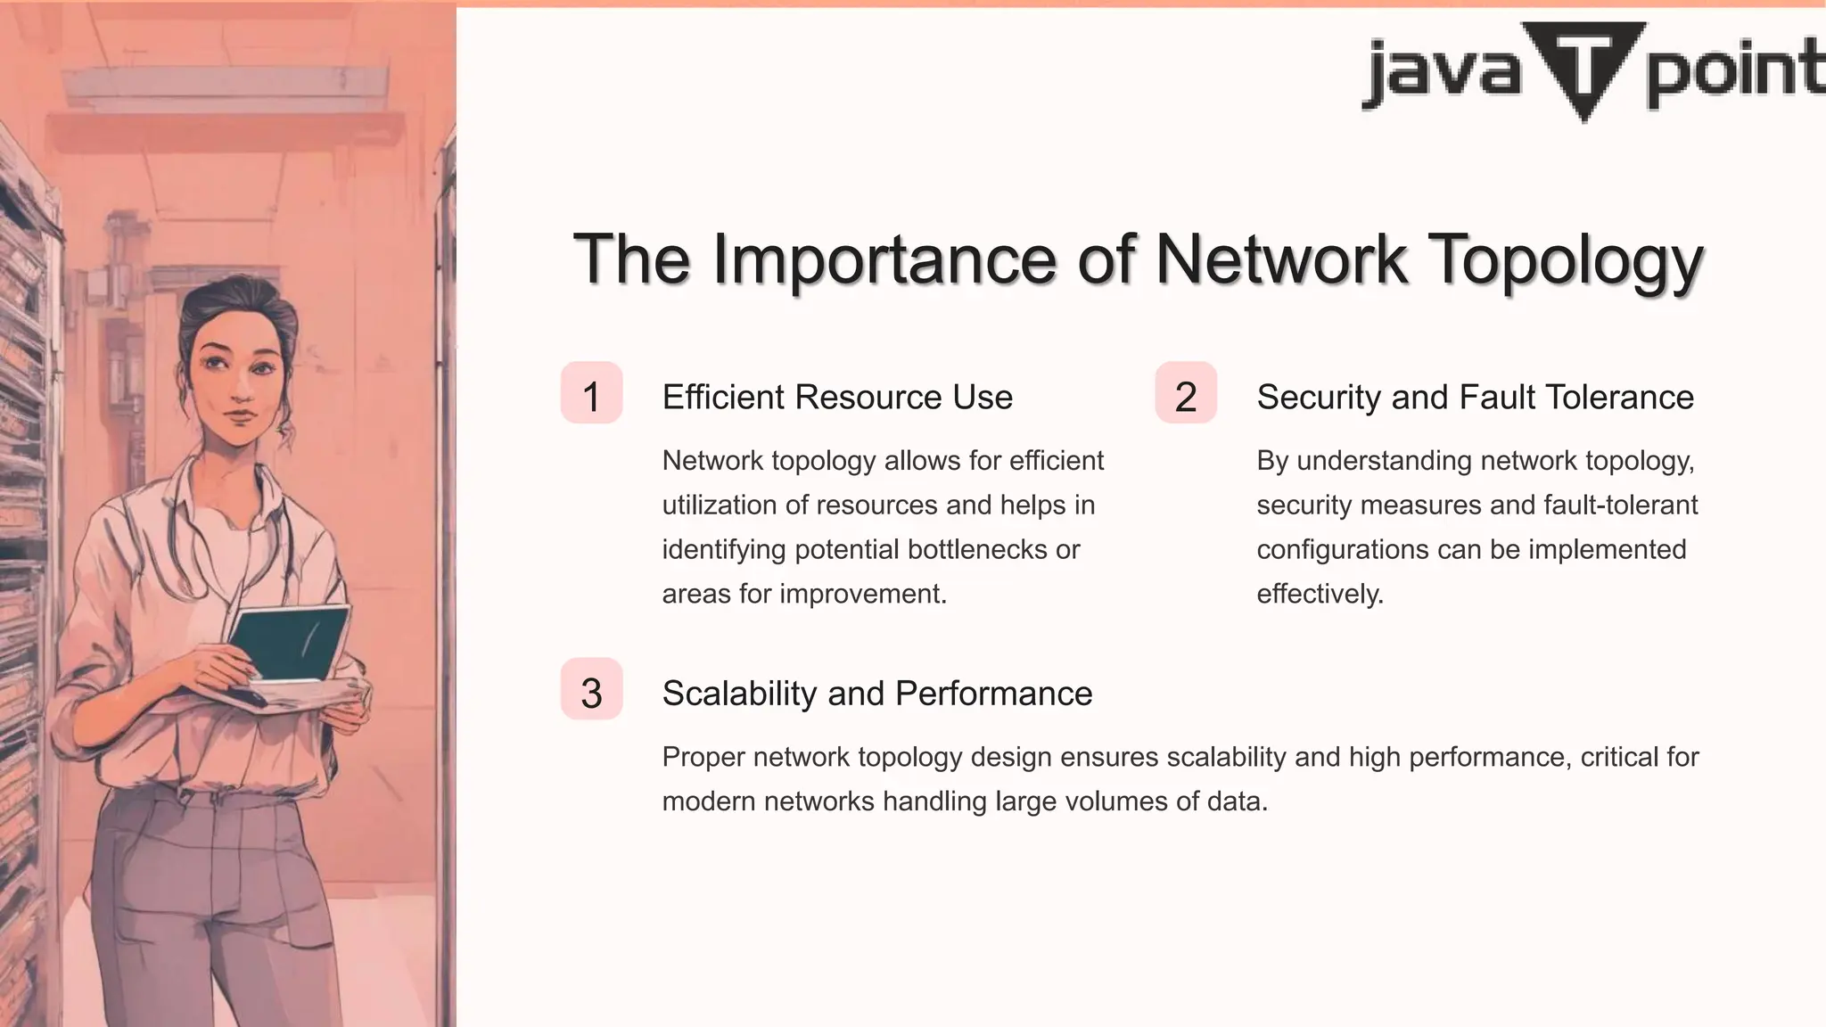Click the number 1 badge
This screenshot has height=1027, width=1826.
[x=591, y=393]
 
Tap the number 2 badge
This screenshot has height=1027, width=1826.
[x=1186, y=393]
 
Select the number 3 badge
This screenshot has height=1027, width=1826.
[x=591, y=689]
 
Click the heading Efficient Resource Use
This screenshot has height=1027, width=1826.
[x=837, y=397]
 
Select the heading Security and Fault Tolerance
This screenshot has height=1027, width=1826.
[x=1475, y=397]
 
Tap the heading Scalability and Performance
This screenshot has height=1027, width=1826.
[x=877, y=694]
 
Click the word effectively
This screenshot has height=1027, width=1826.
[x=1320, y=594]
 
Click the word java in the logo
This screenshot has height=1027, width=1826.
[x=1441, y=71]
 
